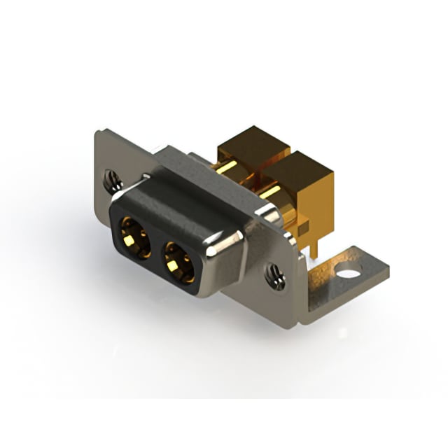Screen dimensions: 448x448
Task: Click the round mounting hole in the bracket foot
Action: click(x=347, y=270)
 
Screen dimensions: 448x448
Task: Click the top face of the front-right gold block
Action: click(x=297, y=164)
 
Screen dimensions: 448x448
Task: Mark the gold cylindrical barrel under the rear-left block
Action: click(x=227, y=168)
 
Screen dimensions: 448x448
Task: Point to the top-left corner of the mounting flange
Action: click(x=98, y=133)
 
